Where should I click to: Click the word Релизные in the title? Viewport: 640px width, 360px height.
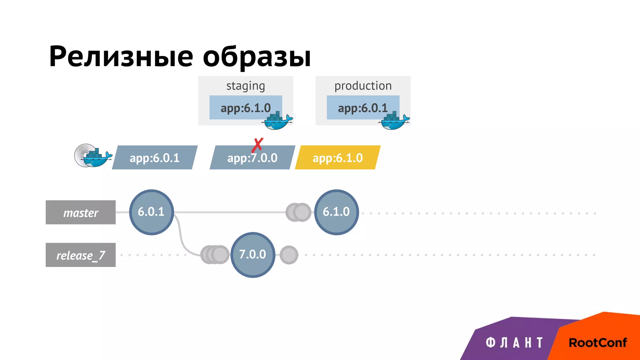pyautogui.click(x=121, y=57)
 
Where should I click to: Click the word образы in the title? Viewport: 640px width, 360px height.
pyautogui.click(x=257, y=57)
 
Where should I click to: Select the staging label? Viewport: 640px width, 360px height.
pyautogui.click(x=246, y=86)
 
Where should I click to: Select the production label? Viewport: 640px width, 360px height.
pyautogui.click(x=363, y=86)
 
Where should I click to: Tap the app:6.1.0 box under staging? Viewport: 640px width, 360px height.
pyautogui.click(x=246, y=107)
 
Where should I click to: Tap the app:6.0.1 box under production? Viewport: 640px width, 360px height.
pyautogui.click(x=363, y=107)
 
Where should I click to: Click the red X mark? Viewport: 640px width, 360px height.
pyautogui.click(x=257, y=145)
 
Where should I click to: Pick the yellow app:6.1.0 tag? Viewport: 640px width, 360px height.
pyautogui.click(x=337, y=157)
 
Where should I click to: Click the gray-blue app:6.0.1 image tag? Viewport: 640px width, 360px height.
pyautogui.click(x=155, y=157)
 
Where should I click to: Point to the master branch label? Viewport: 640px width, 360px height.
pyautogui.click(x=81, y=212)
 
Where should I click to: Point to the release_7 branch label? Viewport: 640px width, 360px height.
pyautogui.click(x=81, y=255)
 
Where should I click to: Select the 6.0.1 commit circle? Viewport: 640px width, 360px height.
pyautogui.click(x=151, y=212)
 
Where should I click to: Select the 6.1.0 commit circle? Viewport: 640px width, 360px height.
pyautogui.click(x=336, y=212)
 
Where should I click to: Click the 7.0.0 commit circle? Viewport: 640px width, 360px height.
pyautogui.click(x=252, y=255)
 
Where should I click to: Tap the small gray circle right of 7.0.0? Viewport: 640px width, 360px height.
pyautogui.click(x=289, y=255)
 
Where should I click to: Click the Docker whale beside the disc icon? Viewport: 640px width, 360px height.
pyautogui.click(x=97, y=158)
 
